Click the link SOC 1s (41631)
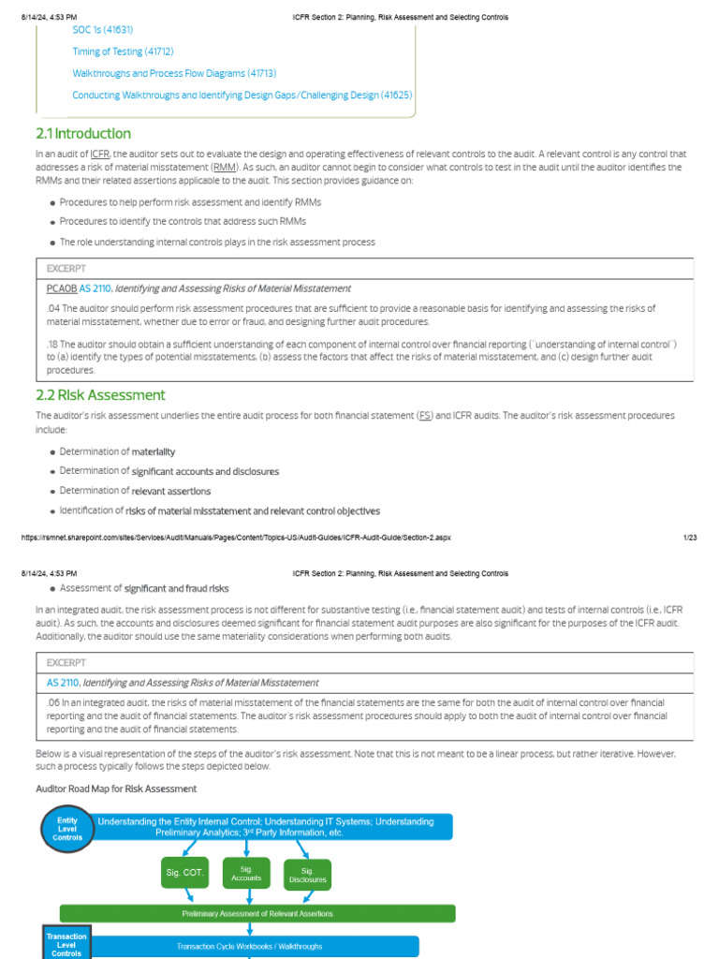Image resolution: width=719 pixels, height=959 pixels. [104, 30]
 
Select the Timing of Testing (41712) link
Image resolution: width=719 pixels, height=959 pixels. [123, 52]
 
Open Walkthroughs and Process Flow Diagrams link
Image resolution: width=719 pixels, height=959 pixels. [161, 73]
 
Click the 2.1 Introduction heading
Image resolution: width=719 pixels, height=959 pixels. [83, 134]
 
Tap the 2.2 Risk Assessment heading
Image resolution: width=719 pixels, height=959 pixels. [100, 395]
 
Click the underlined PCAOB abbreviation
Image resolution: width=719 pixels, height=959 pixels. [62, 288]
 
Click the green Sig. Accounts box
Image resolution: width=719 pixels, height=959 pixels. [246, 873]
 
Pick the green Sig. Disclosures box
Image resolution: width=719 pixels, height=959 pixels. [308, 875]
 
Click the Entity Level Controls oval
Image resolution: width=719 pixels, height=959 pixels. [67, 830]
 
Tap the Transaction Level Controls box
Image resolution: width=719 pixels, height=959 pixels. [66, 943]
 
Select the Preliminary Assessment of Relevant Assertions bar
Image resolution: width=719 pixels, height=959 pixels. [257, 913]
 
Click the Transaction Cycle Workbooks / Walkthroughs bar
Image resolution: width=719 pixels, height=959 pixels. [249, 946]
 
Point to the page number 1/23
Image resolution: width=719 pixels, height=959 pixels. [691, 538]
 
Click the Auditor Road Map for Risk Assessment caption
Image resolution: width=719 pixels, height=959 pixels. [116, 789]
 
